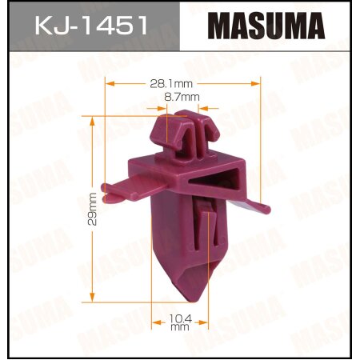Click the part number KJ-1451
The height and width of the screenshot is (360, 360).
(90, 26)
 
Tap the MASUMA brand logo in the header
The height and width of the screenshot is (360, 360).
(268, 26)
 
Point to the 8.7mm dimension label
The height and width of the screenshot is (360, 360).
(182, 96)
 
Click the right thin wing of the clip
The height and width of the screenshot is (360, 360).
(258, 206)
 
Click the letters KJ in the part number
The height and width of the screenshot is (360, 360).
(50, 26)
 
